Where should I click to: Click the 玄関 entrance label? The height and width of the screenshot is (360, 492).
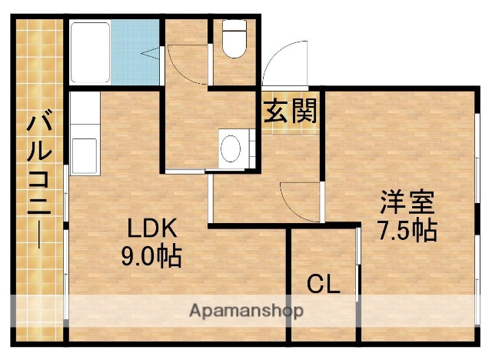pyautogui.click(x=290, y=112)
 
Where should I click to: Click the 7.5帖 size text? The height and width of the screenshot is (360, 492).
pyautogui.click(x=407, y=230)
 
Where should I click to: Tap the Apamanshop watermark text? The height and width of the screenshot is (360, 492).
pyautogui.click(x=246, y=312)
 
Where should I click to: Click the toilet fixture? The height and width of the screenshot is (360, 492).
pyautogui.click(x=233, y=39)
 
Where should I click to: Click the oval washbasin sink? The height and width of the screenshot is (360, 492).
pyautogui.click(x=230, y=148)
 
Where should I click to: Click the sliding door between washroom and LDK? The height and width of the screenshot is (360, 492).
pyautogui.click(x=187, y=170)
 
